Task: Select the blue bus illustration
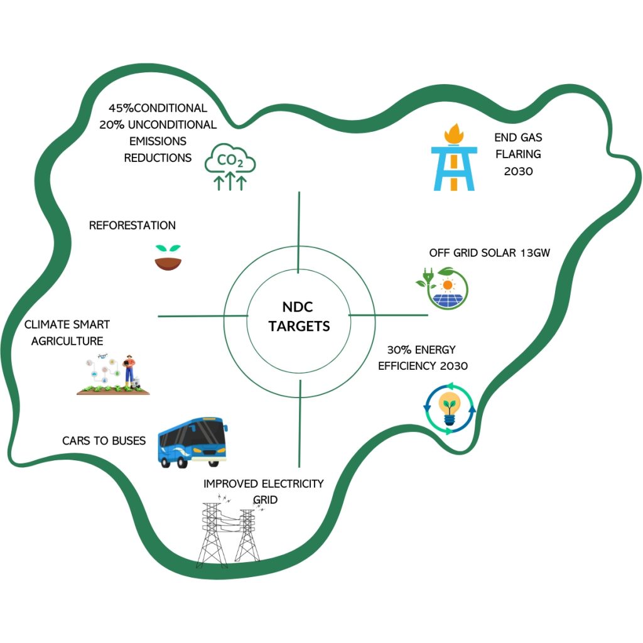coord(192,442)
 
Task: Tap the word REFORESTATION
coord(132,225)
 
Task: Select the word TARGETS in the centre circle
coord(299,327)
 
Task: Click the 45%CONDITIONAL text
coord(158,108)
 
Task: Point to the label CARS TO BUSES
coord(104,441)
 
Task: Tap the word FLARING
coord(517,154)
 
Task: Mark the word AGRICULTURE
coord(67,342)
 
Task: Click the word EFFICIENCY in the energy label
coord(406,366)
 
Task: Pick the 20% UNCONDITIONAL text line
coord(158,124)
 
